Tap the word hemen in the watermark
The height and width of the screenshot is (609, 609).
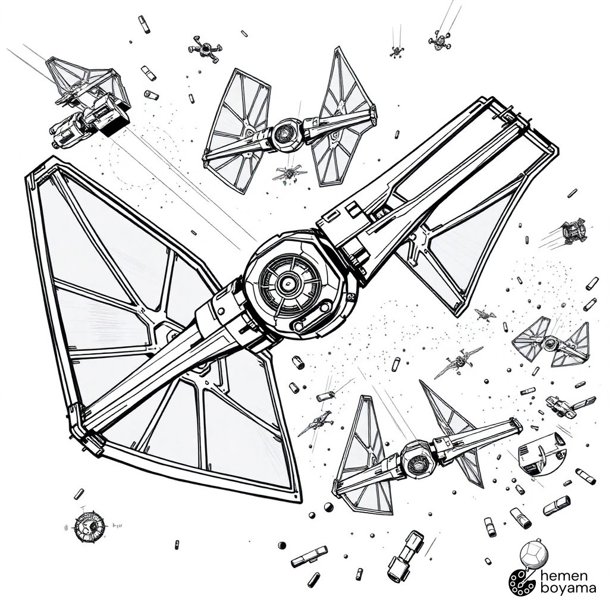tap(564, 576)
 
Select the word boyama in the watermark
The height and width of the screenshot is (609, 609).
tap(569, 589)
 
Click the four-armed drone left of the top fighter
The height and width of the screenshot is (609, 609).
tap(205, 49)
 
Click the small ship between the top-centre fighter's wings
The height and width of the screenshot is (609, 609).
tap(290, 173)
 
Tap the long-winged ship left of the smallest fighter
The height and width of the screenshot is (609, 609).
tap(459, 362)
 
